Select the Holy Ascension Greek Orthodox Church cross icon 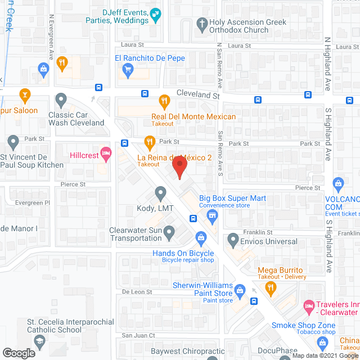[202, 23]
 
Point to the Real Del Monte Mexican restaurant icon [164, 102]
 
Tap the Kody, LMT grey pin [160, 195]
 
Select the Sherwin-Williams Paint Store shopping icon [240, 290]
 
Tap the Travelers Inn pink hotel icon [309, 307]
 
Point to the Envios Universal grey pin [233, 241]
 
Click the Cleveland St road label [197, 96]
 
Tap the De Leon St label [137, 292]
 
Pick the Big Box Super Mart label [232, 198]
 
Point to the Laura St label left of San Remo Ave [133, 45]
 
